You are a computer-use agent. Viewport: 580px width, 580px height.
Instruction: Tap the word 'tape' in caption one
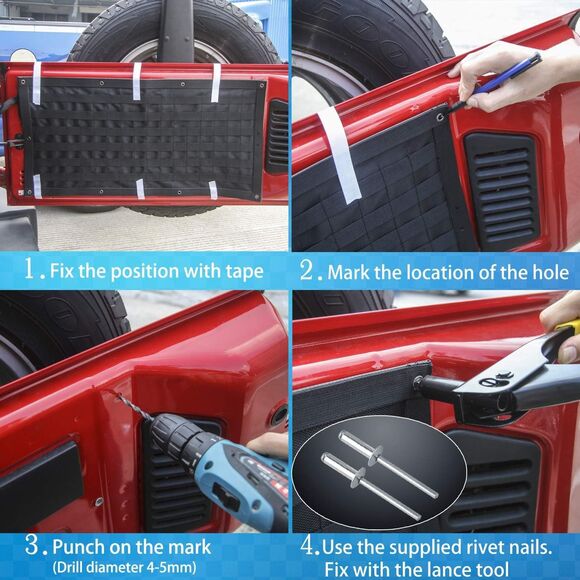242,271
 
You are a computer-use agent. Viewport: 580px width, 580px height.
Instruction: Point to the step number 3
35,546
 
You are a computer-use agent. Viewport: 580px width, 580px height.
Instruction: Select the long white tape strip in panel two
339,156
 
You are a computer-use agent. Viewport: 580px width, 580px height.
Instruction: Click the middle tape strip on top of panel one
137,80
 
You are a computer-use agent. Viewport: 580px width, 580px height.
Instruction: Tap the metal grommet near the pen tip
440,117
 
